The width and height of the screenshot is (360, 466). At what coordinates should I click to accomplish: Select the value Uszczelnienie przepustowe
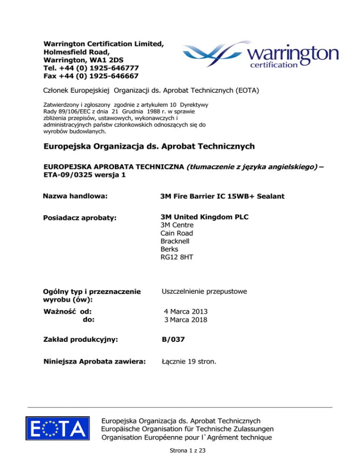(204, 292)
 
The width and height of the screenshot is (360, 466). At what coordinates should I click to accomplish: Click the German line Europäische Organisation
(187, 429)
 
